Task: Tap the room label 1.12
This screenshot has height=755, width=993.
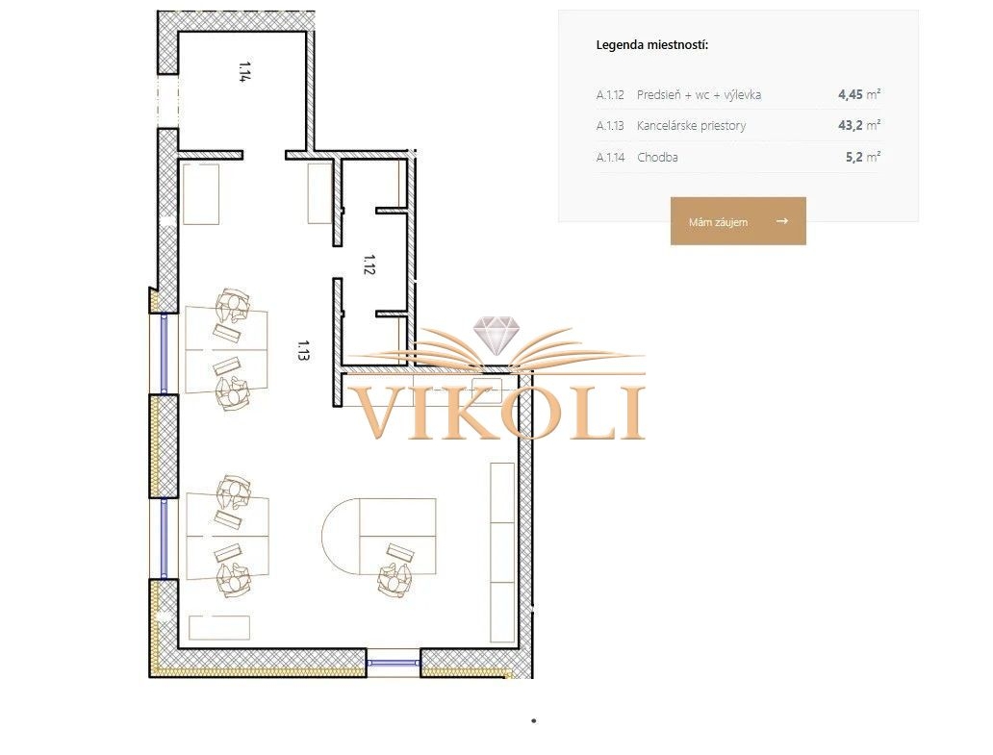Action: coord(369,264)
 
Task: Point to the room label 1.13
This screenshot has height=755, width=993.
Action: coord(303,350)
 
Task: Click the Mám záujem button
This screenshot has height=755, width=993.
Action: coord(738,221)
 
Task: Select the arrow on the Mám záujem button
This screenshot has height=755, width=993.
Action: coord(782,221)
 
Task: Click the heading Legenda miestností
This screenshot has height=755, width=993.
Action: coord(652,45)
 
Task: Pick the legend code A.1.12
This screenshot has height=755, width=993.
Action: coord(610,95)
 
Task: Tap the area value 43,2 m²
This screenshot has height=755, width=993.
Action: coord(858,125)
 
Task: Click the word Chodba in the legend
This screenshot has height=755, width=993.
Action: coord(657,157)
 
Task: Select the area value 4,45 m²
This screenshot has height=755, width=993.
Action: coord(859,94)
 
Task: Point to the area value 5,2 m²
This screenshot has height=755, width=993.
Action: coord(862,157)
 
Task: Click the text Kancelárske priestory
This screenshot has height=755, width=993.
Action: coord(692,125)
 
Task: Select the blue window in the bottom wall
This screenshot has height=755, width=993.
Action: coord(394,663)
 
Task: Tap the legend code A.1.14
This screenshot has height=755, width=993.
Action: coord(610,157)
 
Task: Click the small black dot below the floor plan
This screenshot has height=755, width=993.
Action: coord(534,720)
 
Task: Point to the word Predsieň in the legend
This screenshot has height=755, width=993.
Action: coord(658,95)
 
